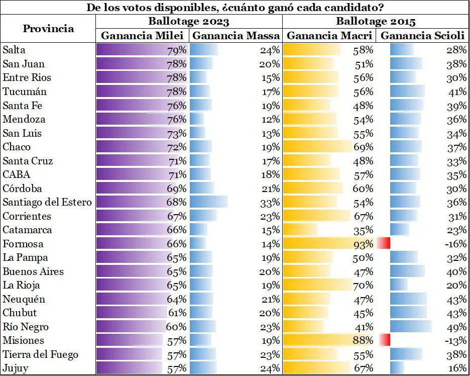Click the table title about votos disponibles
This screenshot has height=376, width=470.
click(x=235, y=8)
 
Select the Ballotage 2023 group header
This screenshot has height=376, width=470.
click(x=189, y=22)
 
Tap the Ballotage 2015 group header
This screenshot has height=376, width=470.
click(x=376, y=22)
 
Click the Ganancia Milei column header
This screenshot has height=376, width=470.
click(x=142, y=36)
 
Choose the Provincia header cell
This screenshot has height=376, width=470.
click(x=48, y=29)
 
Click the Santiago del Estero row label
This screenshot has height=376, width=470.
click(x=47, y=202)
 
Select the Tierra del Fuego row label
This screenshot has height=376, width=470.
click(x=40, y=354)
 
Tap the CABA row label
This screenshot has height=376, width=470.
click(x=17, y=174)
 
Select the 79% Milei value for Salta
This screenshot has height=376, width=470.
click(x=177, y=50)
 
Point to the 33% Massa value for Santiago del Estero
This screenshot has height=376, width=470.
click(x=270, y=202)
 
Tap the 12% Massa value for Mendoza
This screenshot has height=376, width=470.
click(x=270, y=119)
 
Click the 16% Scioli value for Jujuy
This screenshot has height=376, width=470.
click(x=457, y=368)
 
